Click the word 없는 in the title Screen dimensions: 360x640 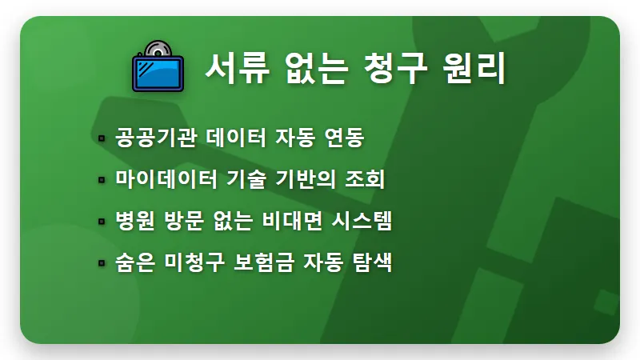311,69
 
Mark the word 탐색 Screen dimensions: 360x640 373,262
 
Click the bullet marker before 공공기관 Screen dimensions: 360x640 102,138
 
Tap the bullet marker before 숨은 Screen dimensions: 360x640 102,263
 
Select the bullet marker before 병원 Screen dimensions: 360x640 102,222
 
